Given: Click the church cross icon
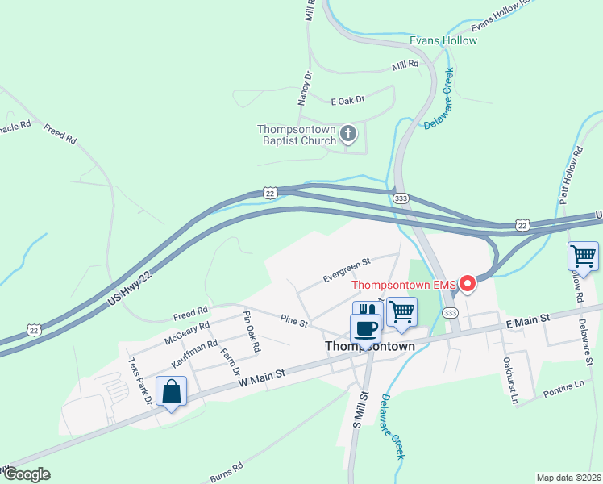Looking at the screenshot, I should pos(348,133).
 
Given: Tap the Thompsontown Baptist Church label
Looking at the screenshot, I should pos(297,135).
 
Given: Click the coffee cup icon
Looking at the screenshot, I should pos(365,328).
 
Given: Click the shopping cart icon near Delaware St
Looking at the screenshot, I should pos(583,257).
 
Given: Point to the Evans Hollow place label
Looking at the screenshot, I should pos(443,40).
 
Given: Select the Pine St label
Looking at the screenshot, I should pos(293,322).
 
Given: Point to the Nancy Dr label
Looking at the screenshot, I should pos(304,88).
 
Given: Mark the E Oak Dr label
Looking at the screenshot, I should pos(348,100).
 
